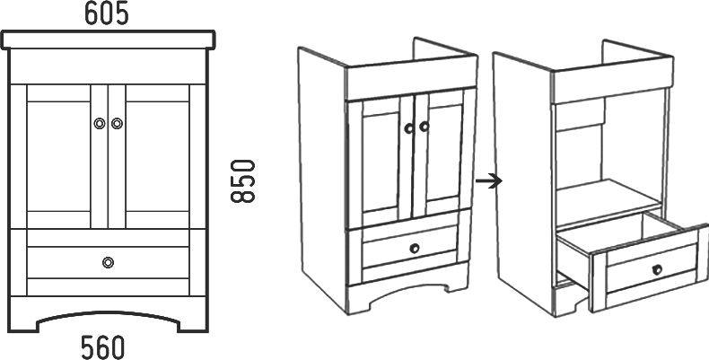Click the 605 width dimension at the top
107,13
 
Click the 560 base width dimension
101,347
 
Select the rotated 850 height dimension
243,181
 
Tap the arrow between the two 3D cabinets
487,181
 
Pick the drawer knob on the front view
108,262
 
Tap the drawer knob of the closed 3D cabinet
414,248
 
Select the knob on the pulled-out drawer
657,268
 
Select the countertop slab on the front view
109,40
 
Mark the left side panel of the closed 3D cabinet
321,180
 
